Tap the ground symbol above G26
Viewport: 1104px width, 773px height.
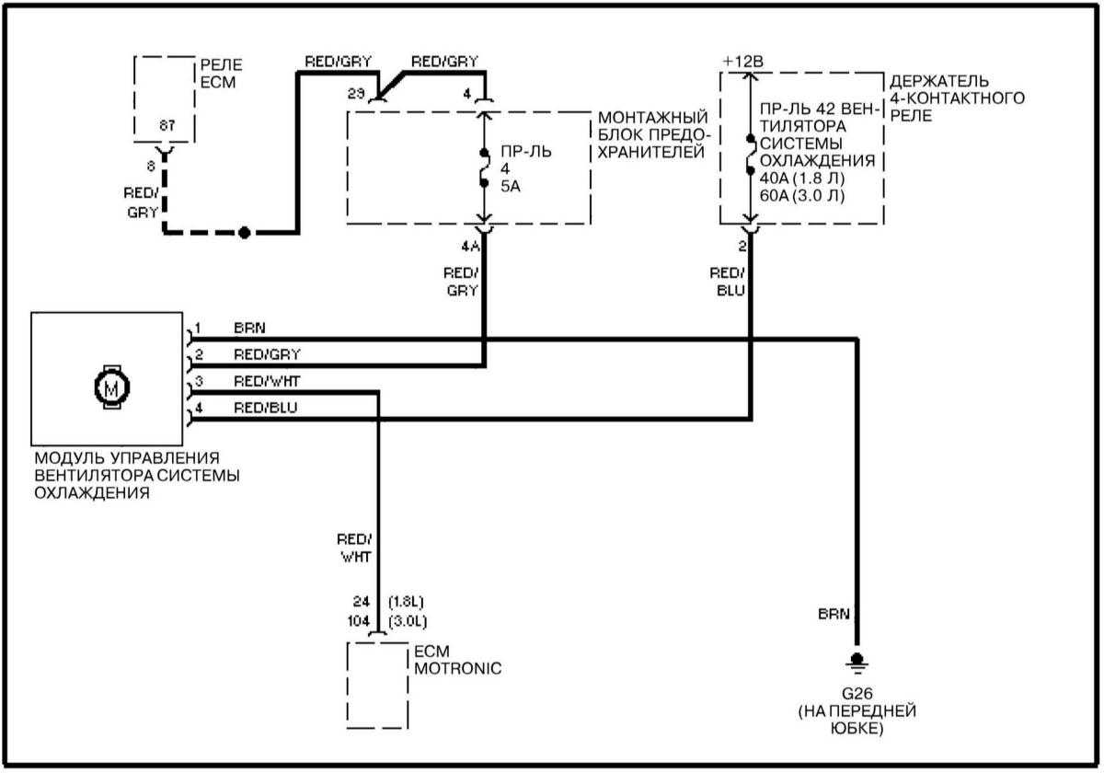click(857, 661)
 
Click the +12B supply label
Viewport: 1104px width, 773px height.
click(743, 61)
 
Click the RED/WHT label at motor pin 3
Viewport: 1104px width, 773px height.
click(267, 381)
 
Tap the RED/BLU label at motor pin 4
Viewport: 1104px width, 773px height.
click(265, 408)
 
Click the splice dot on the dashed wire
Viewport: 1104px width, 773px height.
click(244, 233)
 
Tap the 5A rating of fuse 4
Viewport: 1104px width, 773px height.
click(512, 184)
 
